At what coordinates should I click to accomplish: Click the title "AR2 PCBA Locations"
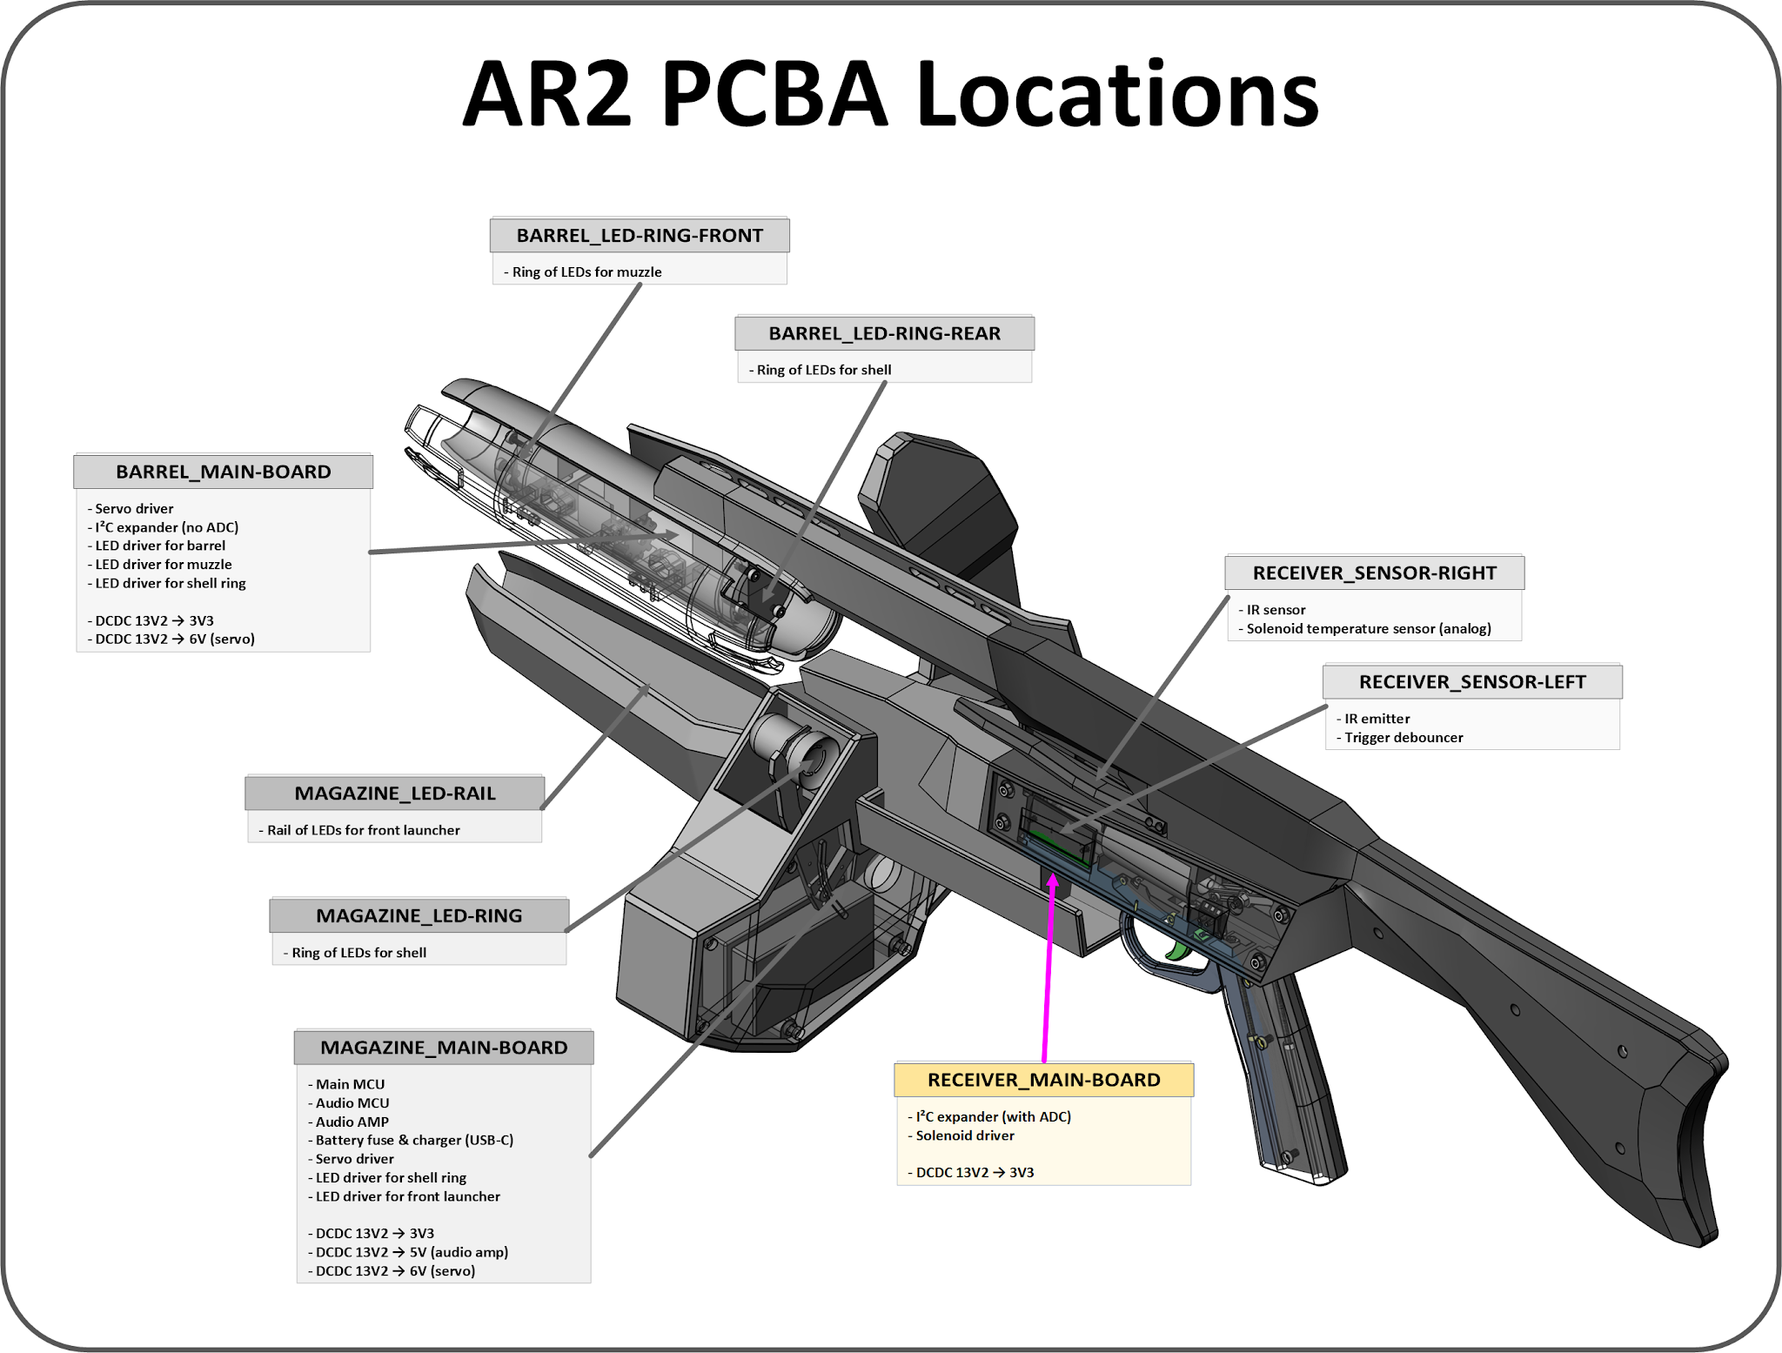tap(890, 94)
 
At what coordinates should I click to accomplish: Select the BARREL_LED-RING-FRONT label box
tap(640, 236)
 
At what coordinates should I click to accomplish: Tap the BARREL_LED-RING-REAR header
tap(884, 333)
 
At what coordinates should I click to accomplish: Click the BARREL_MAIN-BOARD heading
tap(223, 472)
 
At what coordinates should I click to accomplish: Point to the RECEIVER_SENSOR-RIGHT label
tap(1374, 573)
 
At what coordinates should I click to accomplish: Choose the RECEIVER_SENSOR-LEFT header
tap(1472, 682)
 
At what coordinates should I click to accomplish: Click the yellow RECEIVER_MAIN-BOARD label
tap(1043, 1080)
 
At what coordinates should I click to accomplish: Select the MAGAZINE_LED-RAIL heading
tap(395, 794)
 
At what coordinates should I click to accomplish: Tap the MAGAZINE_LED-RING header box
tap(419, 915)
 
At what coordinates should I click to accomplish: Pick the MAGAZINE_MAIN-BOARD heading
tap(444, 1048)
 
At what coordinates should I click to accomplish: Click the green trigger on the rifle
tap(1180, 949)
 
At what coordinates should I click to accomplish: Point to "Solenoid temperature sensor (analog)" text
tap(1368, 628)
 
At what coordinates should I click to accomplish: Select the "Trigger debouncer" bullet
tap(1403, 738)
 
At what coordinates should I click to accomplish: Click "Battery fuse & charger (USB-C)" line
tap(413, 1140)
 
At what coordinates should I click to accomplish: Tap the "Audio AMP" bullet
tap(352, 1122)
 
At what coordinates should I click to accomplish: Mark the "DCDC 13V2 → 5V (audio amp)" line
tap(411, 1252)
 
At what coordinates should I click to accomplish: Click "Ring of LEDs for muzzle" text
tap(586, 272)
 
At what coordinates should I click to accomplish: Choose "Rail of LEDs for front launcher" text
tap(363, 830)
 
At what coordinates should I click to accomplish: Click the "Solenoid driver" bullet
tap(964, 1135)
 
